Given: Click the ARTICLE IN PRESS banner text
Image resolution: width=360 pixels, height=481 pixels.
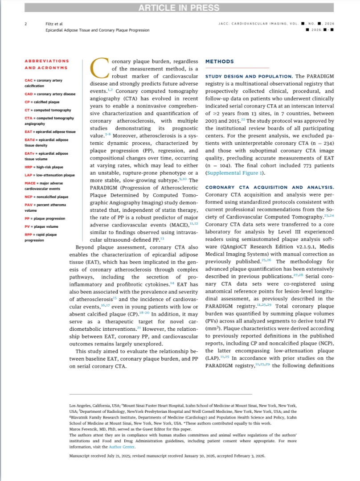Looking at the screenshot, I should point(180,8).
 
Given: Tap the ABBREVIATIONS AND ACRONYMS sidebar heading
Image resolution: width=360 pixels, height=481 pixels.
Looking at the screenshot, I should point(46,64).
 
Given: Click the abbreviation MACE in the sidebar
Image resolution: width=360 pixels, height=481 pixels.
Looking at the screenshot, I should point(30,184).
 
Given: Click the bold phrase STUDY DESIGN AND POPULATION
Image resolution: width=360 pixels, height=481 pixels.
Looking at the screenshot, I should point(249,77).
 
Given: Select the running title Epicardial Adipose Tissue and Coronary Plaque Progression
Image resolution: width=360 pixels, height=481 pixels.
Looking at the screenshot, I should point(98,30).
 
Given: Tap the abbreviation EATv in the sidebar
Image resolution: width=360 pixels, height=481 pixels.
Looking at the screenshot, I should point(29,153).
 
